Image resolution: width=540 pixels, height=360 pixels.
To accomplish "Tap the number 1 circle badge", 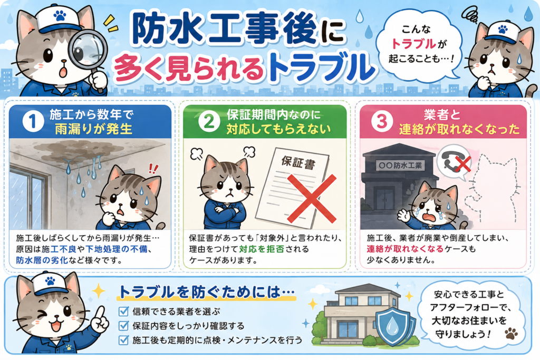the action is pos(33,121).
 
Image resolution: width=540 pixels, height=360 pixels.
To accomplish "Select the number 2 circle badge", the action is pos(209,121).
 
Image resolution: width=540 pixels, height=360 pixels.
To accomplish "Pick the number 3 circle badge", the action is pos(382,121).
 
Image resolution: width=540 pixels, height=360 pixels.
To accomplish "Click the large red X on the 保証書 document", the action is pos(311,198).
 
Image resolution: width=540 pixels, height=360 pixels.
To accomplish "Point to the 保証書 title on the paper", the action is pos(298,162).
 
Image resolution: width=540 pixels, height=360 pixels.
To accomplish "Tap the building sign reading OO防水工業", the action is pos(400,165).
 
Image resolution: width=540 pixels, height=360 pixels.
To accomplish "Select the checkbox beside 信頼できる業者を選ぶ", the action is pos(123,311).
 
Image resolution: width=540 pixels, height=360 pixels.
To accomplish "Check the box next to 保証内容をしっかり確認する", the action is pos(123,326).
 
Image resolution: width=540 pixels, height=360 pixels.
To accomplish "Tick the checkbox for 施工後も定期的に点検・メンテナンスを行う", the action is pos(123,340).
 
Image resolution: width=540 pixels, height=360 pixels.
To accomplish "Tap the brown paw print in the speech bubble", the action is pos(512,333).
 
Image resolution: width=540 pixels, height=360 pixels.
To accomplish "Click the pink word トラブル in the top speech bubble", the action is pos(414,44).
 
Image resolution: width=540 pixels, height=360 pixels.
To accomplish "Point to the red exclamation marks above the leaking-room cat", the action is pos(153,169).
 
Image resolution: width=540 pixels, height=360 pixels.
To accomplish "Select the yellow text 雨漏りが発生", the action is pos(94,129).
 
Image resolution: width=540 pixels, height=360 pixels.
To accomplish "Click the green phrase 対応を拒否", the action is pos(262,249).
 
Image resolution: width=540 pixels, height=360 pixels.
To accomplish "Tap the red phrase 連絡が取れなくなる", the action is pos(405,249).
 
